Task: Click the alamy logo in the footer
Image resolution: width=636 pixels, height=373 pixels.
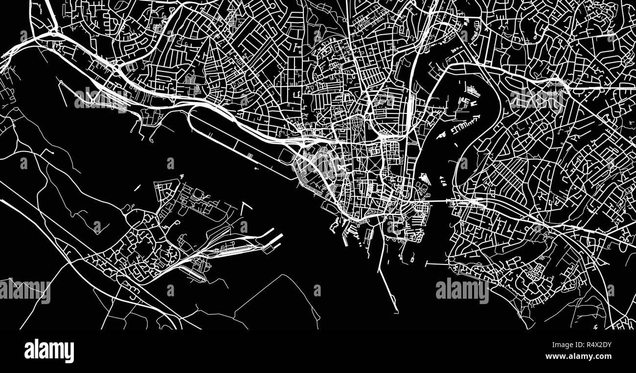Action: [x=49, y=351]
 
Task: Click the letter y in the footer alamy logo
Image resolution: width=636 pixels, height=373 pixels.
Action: [x=70, y=352]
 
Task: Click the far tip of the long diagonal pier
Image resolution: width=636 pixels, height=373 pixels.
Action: [x=397, y=311]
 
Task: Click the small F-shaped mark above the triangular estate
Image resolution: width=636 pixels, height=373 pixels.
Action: [x=181, y=176]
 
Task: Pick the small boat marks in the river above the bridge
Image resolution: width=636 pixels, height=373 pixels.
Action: [x=442, y=181]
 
